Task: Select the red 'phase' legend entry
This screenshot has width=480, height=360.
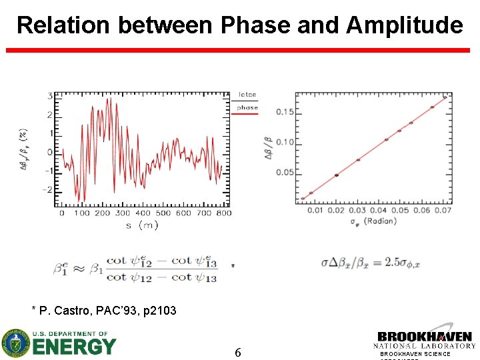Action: tap(247, 108)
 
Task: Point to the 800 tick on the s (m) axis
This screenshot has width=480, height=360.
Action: tap(224, 213)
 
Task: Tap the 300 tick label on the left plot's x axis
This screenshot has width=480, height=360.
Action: tap(123, 213)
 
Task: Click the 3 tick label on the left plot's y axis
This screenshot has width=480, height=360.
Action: tap(50, 97)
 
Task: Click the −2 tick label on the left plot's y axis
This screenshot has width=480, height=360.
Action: tap(47, 191)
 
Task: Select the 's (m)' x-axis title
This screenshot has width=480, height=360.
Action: tap(142, 225)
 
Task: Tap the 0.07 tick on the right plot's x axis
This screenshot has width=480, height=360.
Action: tap(443, 211)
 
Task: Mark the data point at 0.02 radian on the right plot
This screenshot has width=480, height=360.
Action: tap(337, 175)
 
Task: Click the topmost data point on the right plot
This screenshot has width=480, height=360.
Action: tap(445, 97)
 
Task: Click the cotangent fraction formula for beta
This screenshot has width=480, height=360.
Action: tap(135, 269)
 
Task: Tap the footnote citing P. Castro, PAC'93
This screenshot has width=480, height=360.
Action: tap(104, 309)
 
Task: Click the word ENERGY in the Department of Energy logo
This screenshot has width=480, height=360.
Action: tap(74, 347)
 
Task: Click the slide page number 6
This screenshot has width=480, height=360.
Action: tap(238, 352)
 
